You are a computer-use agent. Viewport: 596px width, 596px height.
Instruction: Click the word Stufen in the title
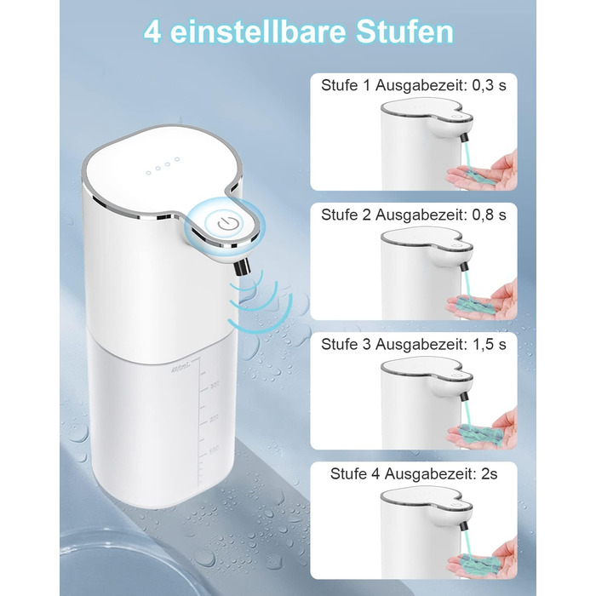(404, 32)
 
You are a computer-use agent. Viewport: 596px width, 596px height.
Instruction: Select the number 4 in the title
(152, 32)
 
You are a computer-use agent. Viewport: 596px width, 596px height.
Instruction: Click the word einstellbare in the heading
(259, 32)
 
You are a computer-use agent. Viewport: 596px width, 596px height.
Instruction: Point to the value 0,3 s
(490, 85)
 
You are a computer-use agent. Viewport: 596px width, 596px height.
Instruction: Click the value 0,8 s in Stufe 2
(490, 215)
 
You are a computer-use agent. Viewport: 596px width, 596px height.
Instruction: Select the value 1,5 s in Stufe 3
(490, 344)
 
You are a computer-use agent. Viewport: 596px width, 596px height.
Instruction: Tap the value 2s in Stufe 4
(490, 474)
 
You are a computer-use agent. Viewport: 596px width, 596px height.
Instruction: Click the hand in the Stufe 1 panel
(484, 171)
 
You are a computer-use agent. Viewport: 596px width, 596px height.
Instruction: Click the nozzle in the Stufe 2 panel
(465, 266)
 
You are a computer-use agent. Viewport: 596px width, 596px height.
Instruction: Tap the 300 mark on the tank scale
(215, 385)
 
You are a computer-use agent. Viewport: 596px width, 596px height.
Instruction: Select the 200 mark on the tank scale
(215, 418)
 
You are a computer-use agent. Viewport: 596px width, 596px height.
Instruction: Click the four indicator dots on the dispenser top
(163, 166)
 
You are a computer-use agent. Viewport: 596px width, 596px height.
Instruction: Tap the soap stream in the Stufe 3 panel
(467, 415)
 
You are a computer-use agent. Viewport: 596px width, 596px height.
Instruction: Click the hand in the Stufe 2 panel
(484, 301)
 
